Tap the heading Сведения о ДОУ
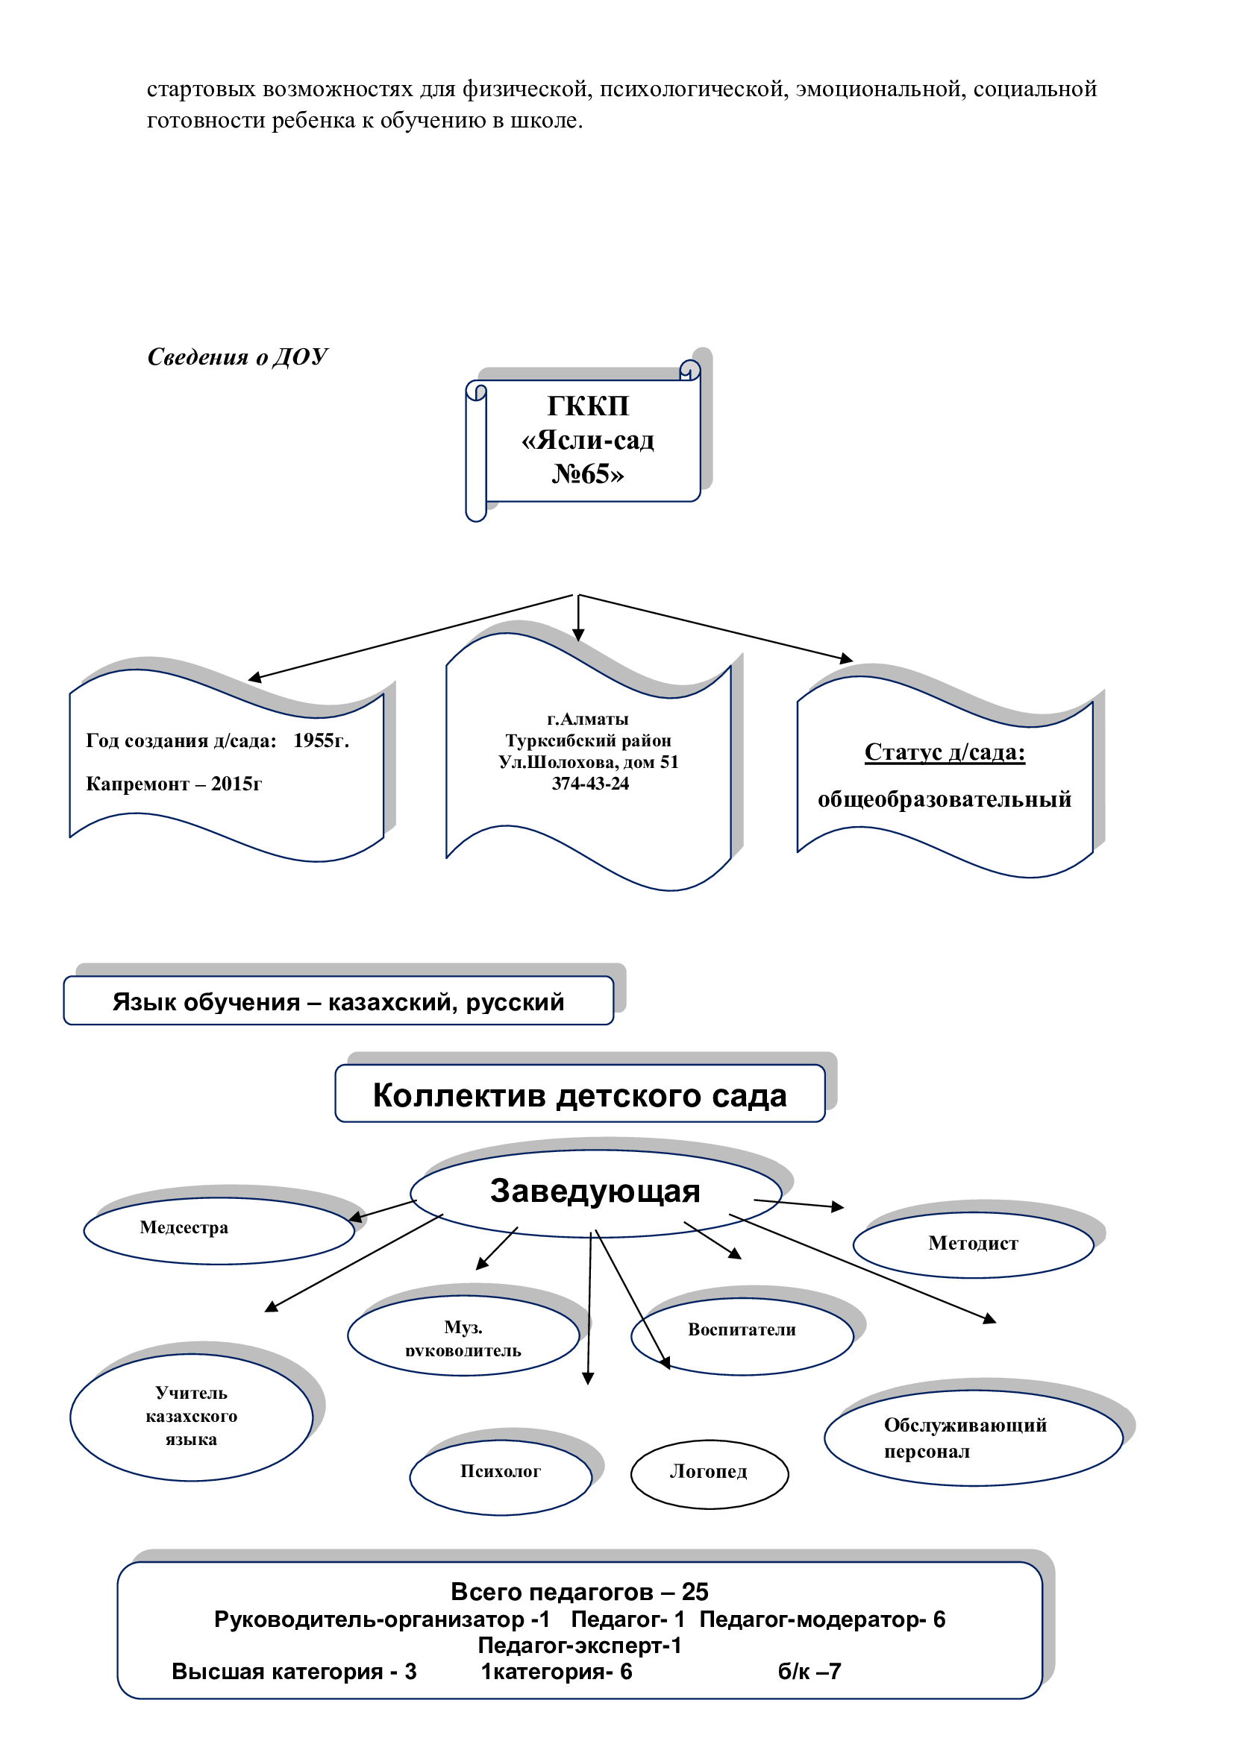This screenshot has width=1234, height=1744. (237, 357)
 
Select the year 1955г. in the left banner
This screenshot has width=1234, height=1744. (322, 740)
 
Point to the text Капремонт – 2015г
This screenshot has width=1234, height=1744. (174, 784)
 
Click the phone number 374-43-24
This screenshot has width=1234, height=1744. (590, 783)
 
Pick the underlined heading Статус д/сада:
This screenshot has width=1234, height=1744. (945, 752)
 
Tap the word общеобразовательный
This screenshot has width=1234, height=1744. (945, 799)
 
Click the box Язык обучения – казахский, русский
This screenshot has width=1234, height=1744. (338, 1001)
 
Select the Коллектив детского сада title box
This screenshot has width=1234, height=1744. (580, 1093)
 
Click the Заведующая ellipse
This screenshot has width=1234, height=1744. (595, 1193)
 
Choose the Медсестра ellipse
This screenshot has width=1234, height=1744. (219, 1230)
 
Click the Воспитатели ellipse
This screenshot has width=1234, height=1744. (742, 1336)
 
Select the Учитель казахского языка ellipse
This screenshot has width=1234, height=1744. (192, 1417)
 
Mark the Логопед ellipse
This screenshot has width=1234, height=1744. (709, 1474)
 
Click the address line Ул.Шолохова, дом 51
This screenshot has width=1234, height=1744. (589, 762)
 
